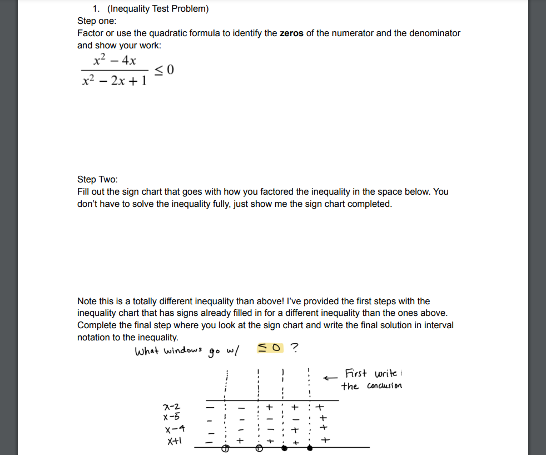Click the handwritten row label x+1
tap(175, 441)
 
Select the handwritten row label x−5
tap(171, 417)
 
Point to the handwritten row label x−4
tap(174, 429)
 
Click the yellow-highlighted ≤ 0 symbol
tap(270, 348)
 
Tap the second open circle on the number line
tap(259, 448)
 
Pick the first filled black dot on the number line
tap(284, 448)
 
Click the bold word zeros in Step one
tap(291, 33)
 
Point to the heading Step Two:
tap(97, 179)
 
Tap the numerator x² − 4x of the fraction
tap(115, 60)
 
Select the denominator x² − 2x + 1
tap(114, 81)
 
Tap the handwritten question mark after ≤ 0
tap(294, 349)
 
